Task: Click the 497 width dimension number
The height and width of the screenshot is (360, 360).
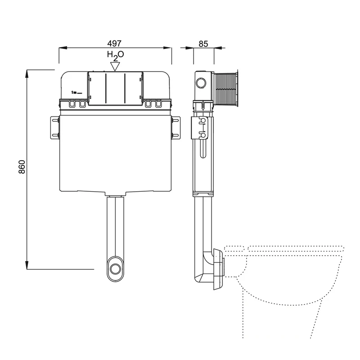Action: (114, 43)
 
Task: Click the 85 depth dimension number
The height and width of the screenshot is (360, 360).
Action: (203, 44)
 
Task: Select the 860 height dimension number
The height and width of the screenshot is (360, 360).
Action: (22, 167)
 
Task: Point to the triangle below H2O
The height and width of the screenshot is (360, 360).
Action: (115, 66)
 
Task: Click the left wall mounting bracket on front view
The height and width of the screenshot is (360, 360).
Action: (54, 128)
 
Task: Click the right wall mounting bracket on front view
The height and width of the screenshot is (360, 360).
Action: (175, 128)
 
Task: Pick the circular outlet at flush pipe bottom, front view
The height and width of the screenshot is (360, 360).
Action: (115, 269)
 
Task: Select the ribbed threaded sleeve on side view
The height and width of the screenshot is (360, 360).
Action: (226, 89)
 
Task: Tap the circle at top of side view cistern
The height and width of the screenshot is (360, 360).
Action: (201, 83)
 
